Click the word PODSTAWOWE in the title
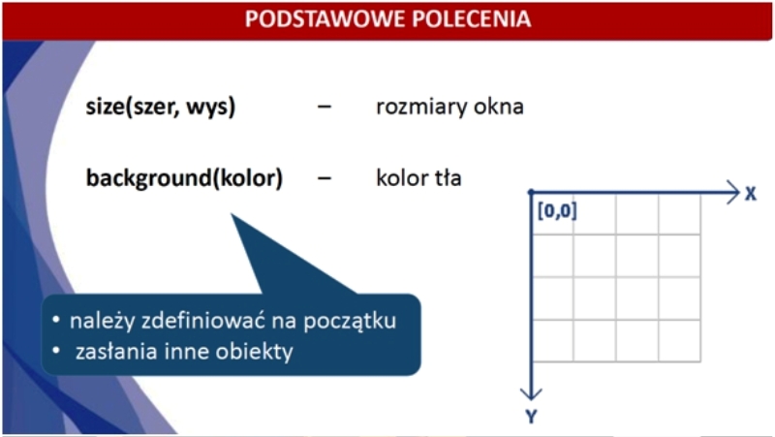(325, 19)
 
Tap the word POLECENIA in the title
(472, 19)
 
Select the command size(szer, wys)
(161, 108)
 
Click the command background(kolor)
(184, 178)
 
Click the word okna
(499, 107)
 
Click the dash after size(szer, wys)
(325, 107)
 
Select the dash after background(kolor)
(325, 178)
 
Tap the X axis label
(751, 194)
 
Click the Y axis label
(531, 417)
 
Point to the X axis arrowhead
(734, 192)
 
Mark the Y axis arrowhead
(531, 394)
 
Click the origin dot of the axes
(531, 192)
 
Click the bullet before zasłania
(56, 351)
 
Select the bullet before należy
(56, 320)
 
